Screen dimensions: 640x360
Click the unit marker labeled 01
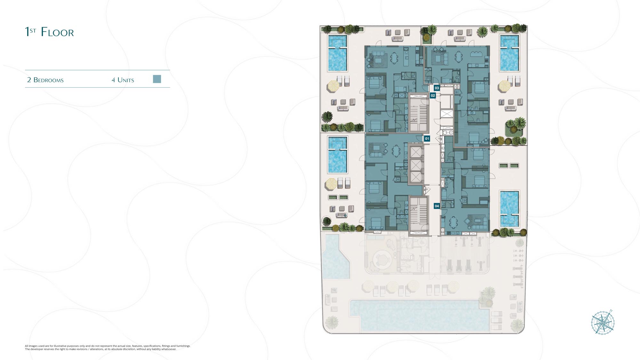tap(427, 139)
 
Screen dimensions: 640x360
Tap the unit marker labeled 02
tap(433, 95)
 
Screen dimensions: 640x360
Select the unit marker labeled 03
tap(437, 88)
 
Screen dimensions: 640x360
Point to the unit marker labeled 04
tap(437, 206)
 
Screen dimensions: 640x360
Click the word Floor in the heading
tap(57, 32)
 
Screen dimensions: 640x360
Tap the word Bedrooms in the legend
tap(49, 80)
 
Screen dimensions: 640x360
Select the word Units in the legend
tap(126, 80)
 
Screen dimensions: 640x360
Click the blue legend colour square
tap(157, 79)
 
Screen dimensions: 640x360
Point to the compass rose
tap(603, 323)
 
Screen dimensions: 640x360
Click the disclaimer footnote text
tap(108, 348)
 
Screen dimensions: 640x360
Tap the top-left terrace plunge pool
tap(337, 53)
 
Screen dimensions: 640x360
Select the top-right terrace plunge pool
tap(509, 53)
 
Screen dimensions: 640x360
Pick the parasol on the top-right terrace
tap(505, 86)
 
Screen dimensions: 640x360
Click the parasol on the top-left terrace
tap(333, 86)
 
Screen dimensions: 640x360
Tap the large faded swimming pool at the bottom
tap(420, 315)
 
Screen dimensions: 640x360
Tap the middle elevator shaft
tap(416, 165)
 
